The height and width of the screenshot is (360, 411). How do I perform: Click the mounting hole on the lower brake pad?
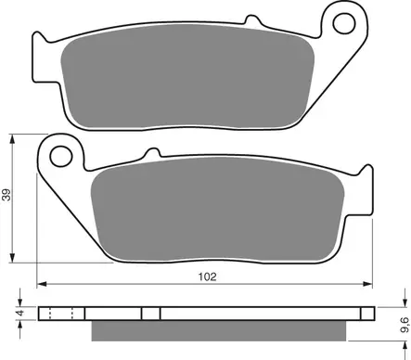pyautogui.click(x=62, y=150)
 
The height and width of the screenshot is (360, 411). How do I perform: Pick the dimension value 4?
pyautogui.click(x=21, y=315)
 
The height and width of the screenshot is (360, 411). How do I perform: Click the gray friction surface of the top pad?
pyautogui.click(x=186, y=84)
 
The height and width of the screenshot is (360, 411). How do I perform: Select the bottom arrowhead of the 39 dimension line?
pyautogui.click(x=13, y=257)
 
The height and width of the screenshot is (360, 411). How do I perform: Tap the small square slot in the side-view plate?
pyautogui.click(x=148, y=314)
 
